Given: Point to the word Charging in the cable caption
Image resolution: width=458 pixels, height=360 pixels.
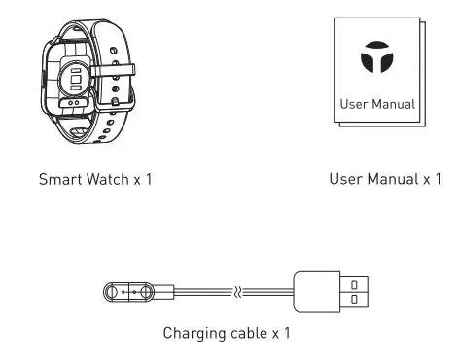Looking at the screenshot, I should (193, 334).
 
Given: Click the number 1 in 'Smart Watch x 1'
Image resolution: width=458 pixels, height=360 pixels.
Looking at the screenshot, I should (150, 180).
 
